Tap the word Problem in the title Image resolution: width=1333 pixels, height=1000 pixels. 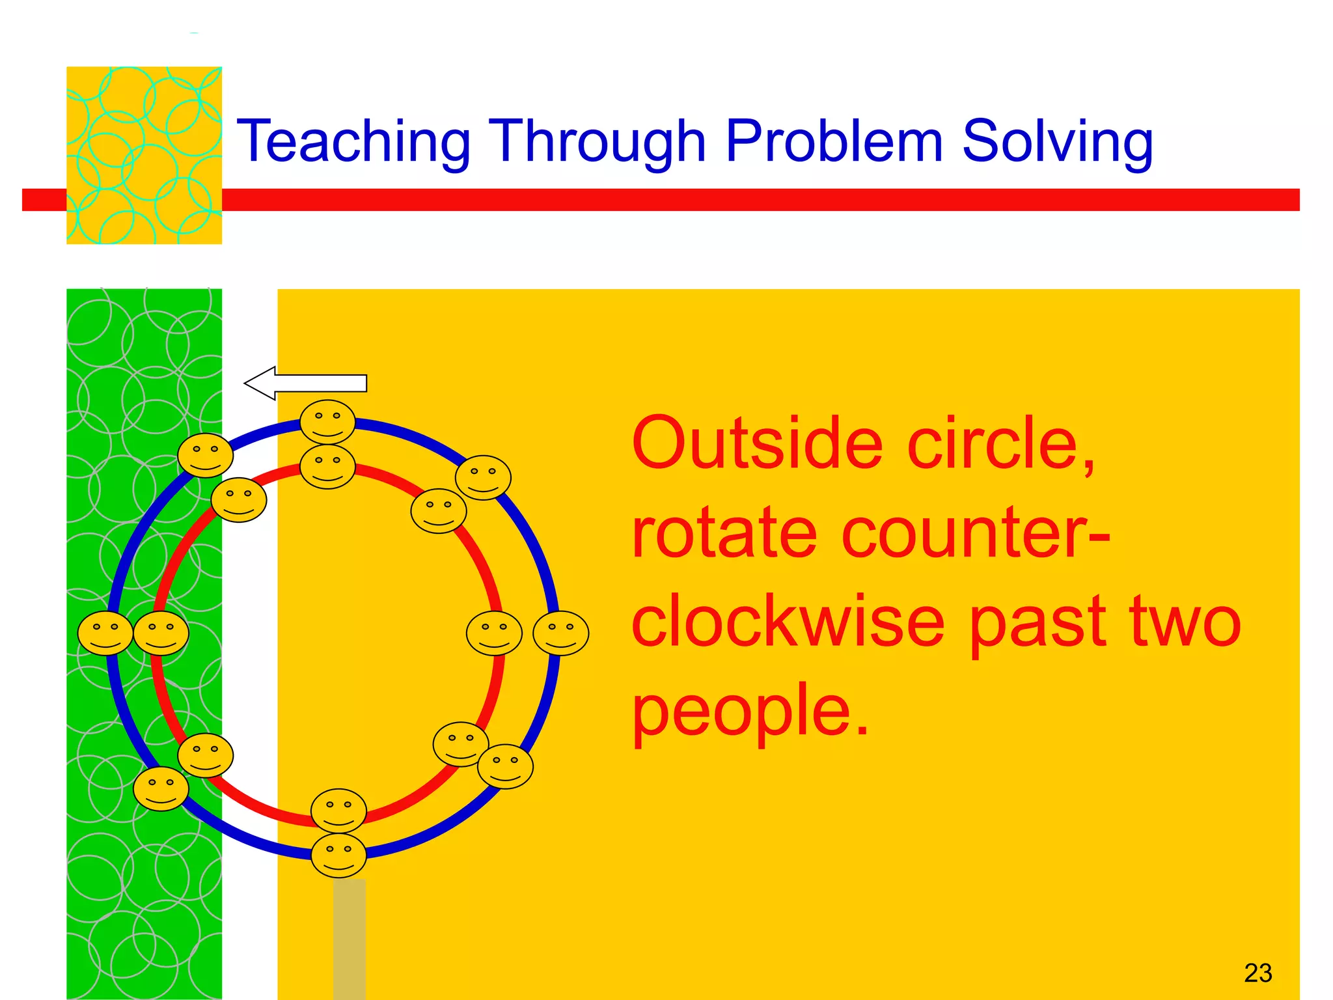coord(834,141)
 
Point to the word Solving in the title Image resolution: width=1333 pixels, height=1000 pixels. coord(1057,141)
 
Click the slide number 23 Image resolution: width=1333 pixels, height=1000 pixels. coord(1257,973)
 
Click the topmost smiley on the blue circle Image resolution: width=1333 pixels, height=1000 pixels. coord(327,422)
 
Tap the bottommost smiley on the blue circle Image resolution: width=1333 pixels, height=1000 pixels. coord(338,855)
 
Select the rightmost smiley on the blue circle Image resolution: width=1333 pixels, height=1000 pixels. coord(560,633)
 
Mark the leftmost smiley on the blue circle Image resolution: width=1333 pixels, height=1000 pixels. coord(105,633)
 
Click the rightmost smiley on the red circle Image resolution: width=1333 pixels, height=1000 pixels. coord(494,633)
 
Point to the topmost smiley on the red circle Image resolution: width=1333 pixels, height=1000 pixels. coord(327,466)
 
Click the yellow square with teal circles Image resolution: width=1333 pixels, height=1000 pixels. coord(144,155)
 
